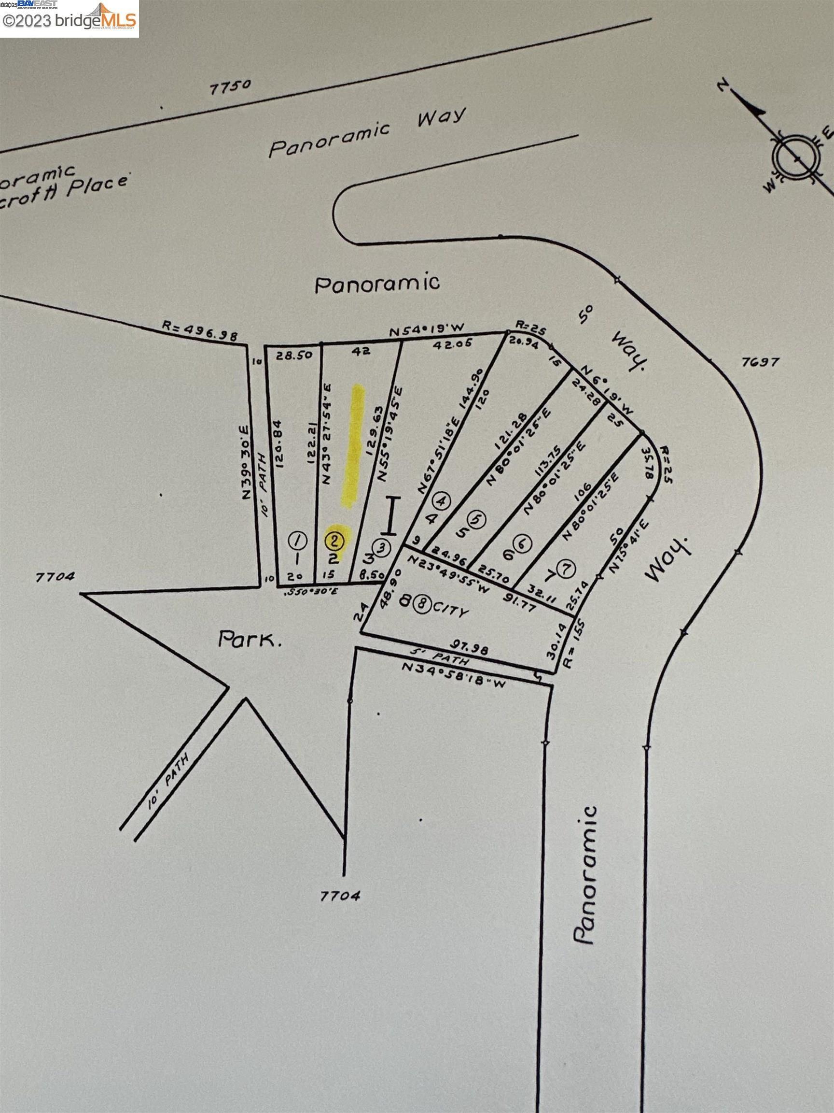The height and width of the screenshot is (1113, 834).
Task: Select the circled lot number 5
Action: click(x=478, y=518)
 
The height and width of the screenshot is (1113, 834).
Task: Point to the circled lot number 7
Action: click(x=567, y=569)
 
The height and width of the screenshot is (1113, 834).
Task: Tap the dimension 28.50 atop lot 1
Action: click(x=294, y=355)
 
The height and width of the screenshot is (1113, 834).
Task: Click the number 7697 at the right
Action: click(x=760, y=362)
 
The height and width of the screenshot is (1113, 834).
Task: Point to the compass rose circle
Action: click(x=797, y=158)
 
